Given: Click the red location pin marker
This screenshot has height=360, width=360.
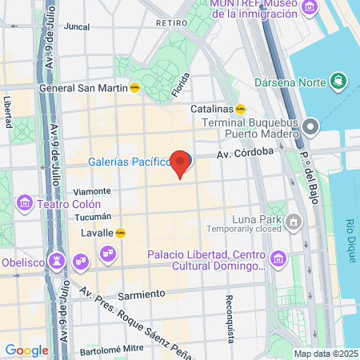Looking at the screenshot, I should pyautogui.click(x=182, y=163).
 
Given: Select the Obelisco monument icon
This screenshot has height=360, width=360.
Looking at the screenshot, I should pyautogui.click(x=56, y=261).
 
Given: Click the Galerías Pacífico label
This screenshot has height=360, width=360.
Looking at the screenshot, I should pyautogui.click(x=130, y=162).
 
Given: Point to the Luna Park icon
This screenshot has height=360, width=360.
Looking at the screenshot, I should pyautogui.click(x=294, y=219).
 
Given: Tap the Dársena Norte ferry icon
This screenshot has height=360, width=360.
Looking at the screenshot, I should pyautogui.click(x=340, y=81).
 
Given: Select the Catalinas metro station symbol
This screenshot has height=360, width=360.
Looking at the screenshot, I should pyautogui.click(x=240, y=109).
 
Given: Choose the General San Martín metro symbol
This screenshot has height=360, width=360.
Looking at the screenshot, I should pyautogui.click(x=136, y=88).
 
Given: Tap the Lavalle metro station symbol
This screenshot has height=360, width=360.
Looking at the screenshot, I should pyautogui.click(x=121, y=233).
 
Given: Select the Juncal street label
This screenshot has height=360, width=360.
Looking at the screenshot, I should pyautogui.click(x=76, y=26).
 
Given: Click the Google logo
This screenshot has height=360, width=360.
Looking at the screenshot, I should pyautogui.click(x=27, y=350).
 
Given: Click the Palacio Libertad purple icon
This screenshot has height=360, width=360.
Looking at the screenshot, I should pyautogui.click(x=278, y=258).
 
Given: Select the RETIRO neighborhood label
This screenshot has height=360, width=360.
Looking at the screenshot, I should pyautogui.click(x=170, y=23).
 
